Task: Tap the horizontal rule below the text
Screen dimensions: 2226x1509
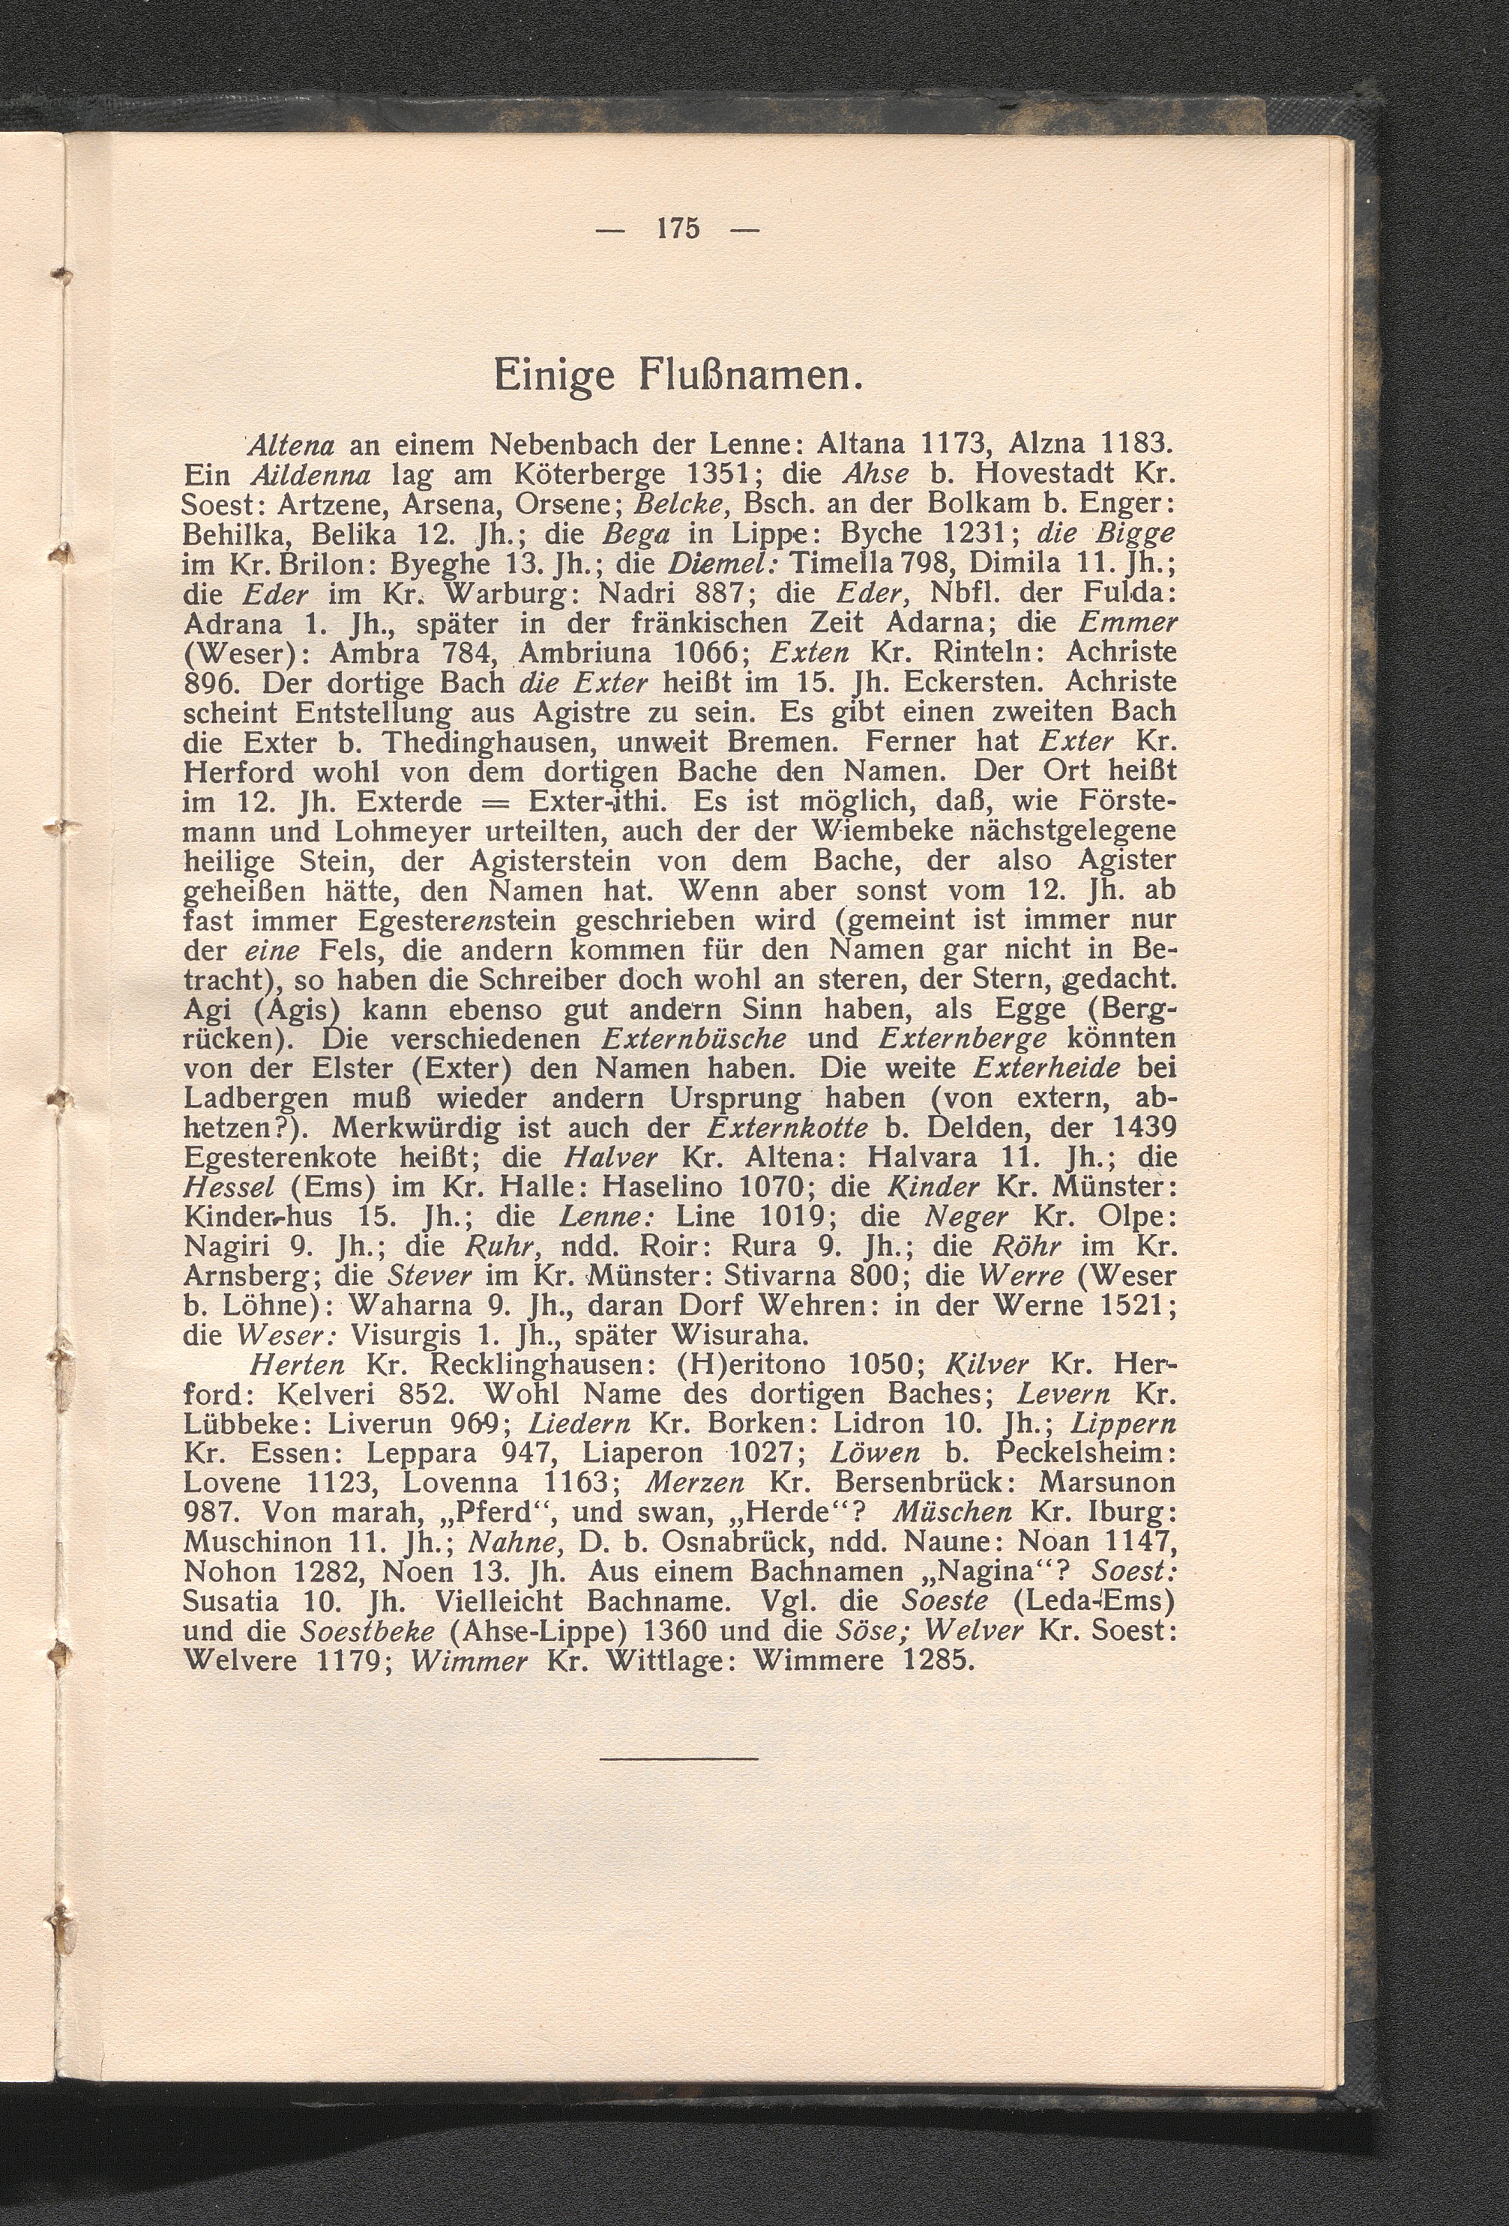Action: pyautogui.click(x=678, y=1758)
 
